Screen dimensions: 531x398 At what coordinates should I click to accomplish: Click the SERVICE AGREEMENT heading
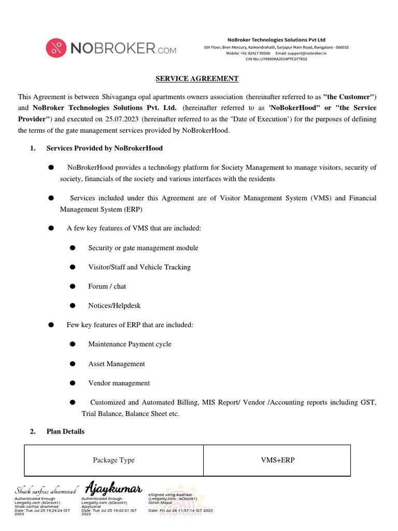click(197, 79)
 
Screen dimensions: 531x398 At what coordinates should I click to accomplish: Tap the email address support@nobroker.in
click(307, 53)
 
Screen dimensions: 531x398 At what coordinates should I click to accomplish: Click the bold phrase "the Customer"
click(348, 97)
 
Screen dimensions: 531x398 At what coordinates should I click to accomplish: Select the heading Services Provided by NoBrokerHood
click(104, 148)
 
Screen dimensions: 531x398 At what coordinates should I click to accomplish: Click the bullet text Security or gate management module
click(143, 248)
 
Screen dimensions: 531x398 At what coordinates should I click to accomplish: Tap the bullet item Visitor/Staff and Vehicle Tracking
click(139, 267)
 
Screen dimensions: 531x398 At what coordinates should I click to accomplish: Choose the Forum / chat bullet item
click(107, 286)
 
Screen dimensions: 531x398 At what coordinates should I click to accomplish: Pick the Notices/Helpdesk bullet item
click(114, 306)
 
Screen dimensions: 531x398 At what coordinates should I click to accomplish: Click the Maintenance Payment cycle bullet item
click(130, 344)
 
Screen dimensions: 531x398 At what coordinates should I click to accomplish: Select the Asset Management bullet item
click(116, 364)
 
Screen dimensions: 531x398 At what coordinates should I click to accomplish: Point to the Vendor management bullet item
click(119, 383)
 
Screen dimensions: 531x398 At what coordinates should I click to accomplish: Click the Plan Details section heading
click(65, 431)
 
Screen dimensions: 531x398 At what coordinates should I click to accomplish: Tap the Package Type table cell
click(113, 460)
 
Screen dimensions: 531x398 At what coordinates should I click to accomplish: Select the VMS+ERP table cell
click(277, 460)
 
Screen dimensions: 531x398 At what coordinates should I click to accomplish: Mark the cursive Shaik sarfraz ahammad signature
click(46, 491)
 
